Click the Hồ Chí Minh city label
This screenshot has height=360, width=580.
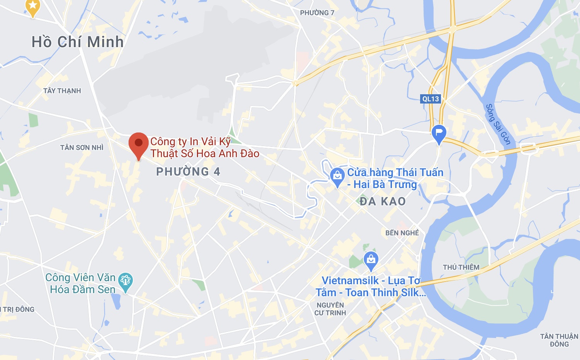tap(77, 42)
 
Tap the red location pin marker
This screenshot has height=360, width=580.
tap(138, 143)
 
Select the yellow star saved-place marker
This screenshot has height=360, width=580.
tap(33, 6)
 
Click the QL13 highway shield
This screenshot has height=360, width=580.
tap(431, 99)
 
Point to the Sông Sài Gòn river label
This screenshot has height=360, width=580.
tap(498, 124)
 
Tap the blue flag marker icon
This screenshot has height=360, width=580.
tap(439, 133)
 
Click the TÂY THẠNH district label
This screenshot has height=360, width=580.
tap(62, 91)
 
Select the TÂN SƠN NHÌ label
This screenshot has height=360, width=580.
tap(82, 148)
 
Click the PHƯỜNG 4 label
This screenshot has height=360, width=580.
tap(188, 172)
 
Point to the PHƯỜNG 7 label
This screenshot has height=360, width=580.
tap(317, 13)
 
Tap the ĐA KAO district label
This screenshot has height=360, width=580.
tap(382, 201)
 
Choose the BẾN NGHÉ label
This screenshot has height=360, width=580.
tap(402, 233)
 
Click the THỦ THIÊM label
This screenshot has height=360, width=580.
tap(461, 267)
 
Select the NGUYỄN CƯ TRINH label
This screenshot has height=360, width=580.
tap(330, 309)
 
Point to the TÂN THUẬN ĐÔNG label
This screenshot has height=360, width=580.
tap(559, 340)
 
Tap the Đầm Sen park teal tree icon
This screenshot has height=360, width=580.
tap(125, 280)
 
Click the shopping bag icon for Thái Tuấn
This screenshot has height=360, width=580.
tap(337, 176)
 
